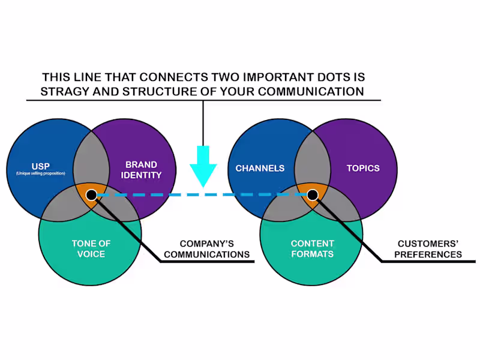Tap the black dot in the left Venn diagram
pos(91,195)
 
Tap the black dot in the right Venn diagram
pos(313,195)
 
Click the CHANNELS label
pos(260,168)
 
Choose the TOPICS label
pos(363,168)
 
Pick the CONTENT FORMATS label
pos(312,248)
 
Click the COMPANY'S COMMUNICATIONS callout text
pos(206,249)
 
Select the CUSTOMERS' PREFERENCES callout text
pos(430,249)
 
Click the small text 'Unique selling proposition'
pos(40,173)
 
